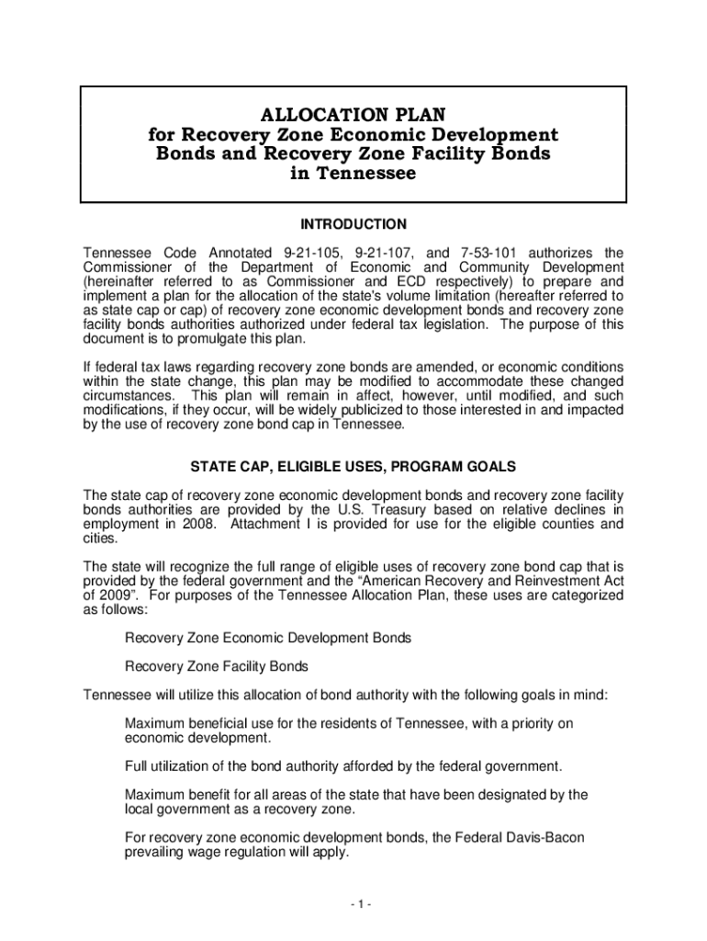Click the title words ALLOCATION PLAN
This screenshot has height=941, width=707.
click(353, 114)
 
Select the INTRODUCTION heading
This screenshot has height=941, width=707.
click(353, 224)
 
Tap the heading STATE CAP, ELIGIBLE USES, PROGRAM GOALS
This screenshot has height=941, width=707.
click(353, 466)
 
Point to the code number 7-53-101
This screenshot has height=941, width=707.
click(490, 253)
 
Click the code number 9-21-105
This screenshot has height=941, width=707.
click(315, 253)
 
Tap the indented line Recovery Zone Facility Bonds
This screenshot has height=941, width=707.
click(216, 666)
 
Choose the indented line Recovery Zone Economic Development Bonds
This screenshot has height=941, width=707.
click(267, 637)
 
